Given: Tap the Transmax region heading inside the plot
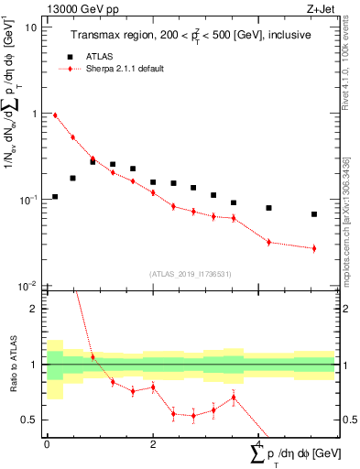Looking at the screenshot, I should (190, 34).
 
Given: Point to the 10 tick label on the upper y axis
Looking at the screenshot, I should (30, 27).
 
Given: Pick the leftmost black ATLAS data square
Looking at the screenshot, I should (55, 197).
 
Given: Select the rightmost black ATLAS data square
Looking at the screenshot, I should (314, 214).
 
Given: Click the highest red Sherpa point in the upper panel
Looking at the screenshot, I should (55, 115).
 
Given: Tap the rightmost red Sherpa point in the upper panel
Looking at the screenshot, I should (314, 248).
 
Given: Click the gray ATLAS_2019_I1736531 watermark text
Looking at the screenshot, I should (190, 274).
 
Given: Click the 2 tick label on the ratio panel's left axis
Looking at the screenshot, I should (35, 309).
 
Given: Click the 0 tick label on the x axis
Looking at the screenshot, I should (47, 443).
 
